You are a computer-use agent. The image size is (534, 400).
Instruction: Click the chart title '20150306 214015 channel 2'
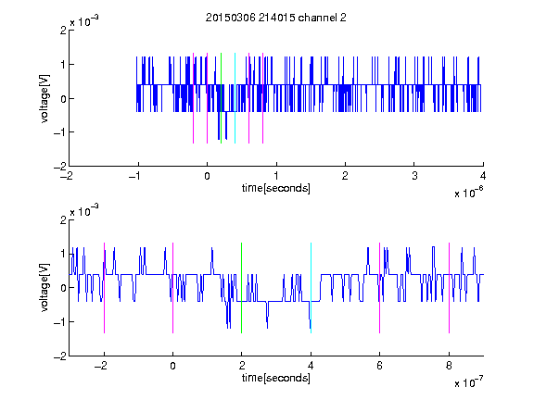point(276,18)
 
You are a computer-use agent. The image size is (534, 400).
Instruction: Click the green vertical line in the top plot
point(221,98)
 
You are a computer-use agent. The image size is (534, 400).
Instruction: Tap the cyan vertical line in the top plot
point(235,98)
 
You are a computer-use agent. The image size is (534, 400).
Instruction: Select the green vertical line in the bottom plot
point(241,288)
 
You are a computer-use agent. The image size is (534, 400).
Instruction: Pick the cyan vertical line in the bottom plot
point(311,288)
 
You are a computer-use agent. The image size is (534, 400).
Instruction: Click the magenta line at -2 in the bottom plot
point(104,288)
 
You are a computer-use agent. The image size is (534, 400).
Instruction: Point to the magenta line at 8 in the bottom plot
point(450,288)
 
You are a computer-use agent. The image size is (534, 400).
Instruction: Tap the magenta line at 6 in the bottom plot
point(380,288)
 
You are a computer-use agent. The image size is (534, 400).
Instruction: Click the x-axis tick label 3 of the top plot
point(414,176)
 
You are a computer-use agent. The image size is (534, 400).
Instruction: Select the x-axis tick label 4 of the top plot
point(483,176)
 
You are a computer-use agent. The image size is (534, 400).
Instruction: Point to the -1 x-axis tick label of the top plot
point(135,176)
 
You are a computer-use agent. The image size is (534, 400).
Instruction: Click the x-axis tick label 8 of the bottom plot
point(449,366)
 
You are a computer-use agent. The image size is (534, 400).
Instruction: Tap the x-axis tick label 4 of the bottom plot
point(311,366)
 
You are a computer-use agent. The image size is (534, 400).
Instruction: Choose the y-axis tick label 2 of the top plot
point(63,31)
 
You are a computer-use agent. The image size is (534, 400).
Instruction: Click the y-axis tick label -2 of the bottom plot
point(60,356)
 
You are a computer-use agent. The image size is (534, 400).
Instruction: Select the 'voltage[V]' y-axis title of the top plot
point(44,98)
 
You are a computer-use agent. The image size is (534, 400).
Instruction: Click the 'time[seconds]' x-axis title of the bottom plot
point(276,378)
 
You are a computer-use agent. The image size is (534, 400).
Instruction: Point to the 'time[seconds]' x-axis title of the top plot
point(276,188)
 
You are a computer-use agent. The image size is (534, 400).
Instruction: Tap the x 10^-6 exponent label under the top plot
point(469,193)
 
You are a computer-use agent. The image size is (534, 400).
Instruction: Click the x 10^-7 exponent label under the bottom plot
point(469,382)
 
